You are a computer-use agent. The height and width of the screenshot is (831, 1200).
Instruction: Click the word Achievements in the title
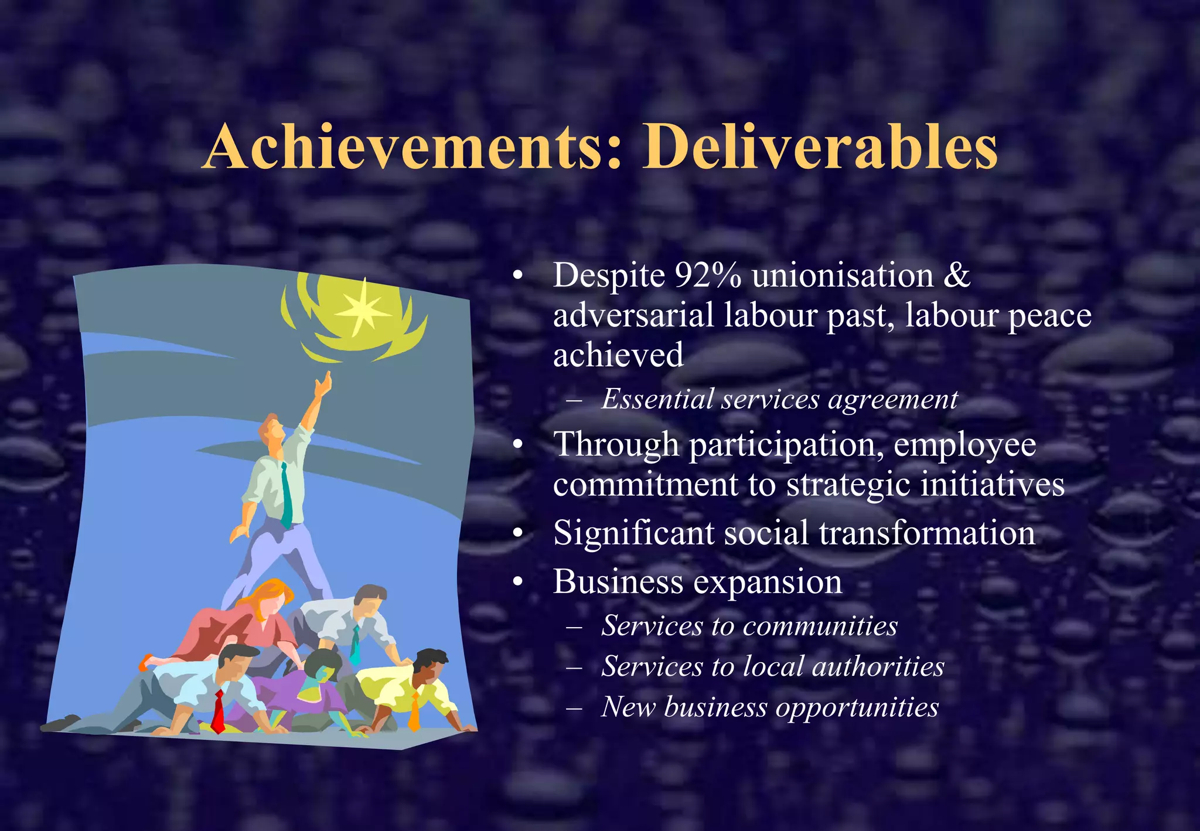pos(404,148)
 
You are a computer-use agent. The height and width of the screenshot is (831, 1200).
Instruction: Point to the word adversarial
pos(633,315)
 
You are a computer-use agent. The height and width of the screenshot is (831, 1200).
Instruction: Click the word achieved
pos(618,355)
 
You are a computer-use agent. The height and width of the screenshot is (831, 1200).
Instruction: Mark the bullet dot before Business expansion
pos(517,583)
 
